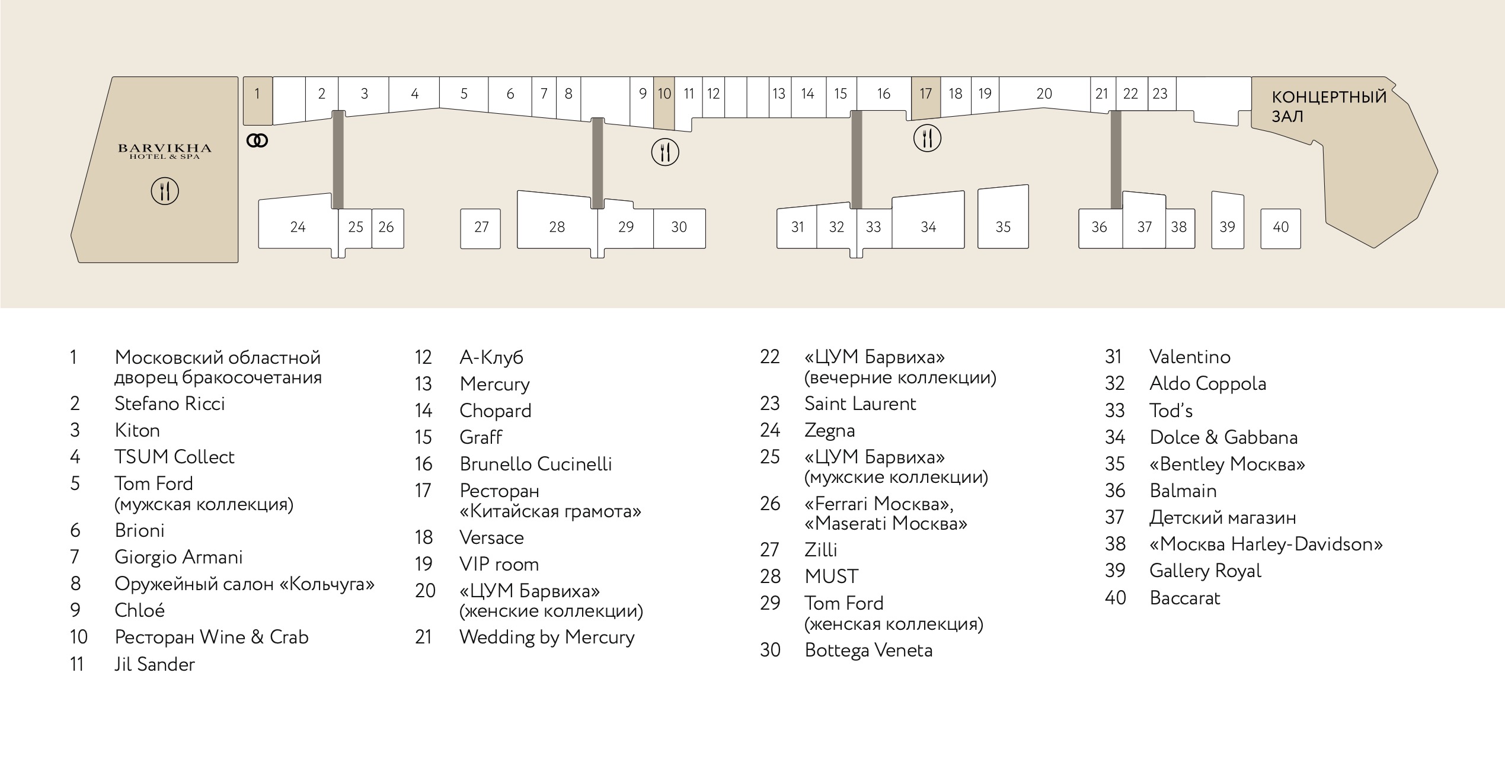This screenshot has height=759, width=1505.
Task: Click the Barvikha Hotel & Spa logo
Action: coord(165,151)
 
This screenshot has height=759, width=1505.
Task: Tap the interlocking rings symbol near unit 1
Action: coord(257,141)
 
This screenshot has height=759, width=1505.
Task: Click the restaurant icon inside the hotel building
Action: coord(165,191)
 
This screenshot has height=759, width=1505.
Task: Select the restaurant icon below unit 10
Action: coord(665,152)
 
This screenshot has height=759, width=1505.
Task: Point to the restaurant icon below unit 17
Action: coord(927,139)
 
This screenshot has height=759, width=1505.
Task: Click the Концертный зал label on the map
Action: coord(1329,107)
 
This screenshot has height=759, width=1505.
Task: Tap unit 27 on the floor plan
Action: coord(481,229)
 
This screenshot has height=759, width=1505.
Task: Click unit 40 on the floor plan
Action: coord(1280,229)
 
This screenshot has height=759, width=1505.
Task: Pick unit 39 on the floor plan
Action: coord(1228,220)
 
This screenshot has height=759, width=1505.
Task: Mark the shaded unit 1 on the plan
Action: coord(258,101)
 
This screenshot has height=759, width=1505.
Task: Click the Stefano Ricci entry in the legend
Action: coord(170,404)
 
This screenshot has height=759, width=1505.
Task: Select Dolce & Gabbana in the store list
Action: coord(1223,438)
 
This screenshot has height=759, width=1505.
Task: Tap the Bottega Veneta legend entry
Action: coord(868,651)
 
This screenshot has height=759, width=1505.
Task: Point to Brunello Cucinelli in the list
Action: coord(536,464)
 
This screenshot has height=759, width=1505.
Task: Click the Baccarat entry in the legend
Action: coord(1185,598)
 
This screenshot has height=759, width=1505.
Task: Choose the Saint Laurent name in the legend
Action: coord(860,404)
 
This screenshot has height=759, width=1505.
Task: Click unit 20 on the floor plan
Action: coord(1044,93)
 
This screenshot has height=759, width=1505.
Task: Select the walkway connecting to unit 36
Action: coord(1116,159)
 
